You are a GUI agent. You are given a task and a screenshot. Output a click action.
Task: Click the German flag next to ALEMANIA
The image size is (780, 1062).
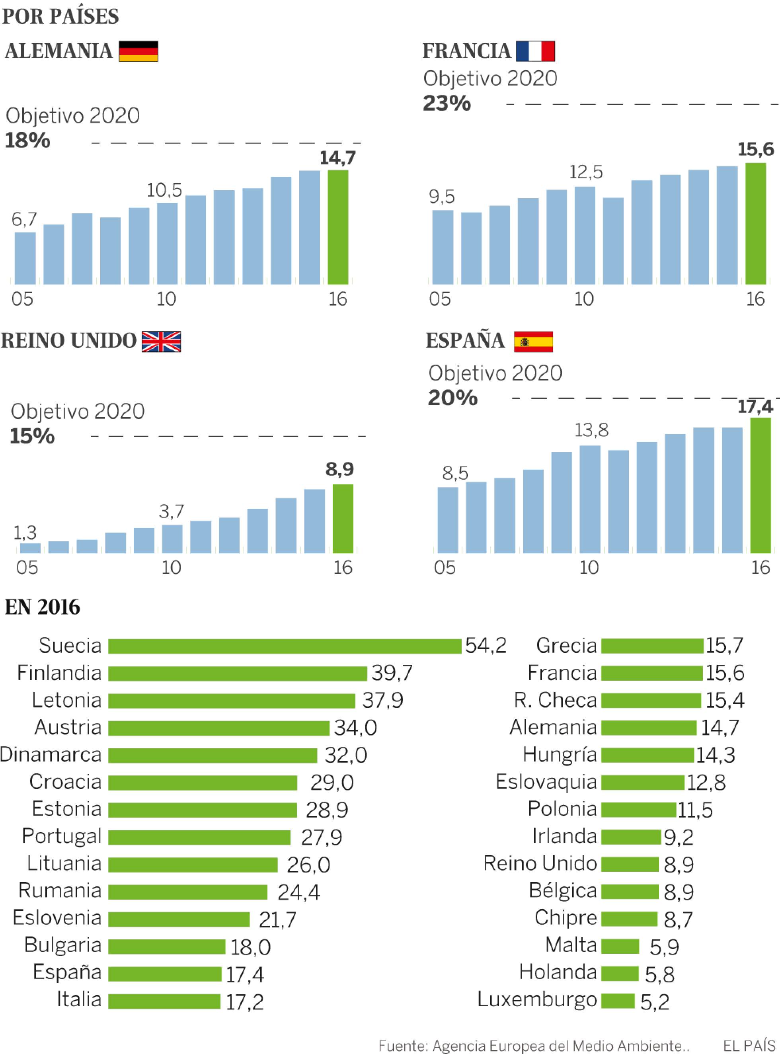click(138, 51)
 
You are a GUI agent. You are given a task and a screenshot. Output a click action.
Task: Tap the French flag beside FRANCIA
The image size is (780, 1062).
click(535, 51)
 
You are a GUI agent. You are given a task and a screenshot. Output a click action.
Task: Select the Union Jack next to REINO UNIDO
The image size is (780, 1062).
click(161, 342)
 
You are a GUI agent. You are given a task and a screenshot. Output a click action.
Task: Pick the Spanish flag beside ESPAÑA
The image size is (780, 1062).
click(534, 342)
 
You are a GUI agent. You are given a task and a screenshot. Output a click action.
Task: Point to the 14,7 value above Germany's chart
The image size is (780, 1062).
click(337, 158)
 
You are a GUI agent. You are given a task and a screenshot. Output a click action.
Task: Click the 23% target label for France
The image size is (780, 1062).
click(447, 103)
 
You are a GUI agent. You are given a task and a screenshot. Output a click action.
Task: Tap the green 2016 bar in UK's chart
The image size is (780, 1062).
click(343, 519)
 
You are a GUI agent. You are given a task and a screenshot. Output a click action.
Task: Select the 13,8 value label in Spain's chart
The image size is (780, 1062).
click(591, 430)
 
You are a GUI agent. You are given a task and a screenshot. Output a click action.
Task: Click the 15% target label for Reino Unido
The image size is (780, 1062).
click(32, 436)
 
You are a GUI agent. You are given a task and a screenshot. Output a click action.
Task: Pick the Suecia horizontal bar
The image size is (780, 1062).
click(284, 646)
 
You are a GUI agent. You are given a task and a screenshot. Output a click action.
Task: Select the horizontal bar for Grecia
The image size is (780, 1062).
click(651, 646)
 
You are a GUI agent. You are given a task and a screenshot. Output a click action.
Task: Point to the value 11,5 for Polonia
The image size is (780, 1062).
click(694, 810)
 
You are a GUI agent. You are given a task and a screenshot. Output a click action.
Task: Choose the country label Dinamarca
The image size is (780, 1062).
click(51, 755)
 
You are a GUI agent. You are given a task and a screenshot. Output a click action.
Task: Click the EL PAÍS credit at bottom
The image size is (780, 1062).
click(749, 1046)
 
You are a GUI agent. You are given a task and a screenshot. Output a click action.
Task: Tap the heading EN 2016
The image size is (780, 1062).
click(43, 607)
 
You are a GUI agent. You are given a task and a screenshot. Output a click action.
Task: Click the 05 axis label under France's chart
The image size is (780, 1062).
click(440, 299)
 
